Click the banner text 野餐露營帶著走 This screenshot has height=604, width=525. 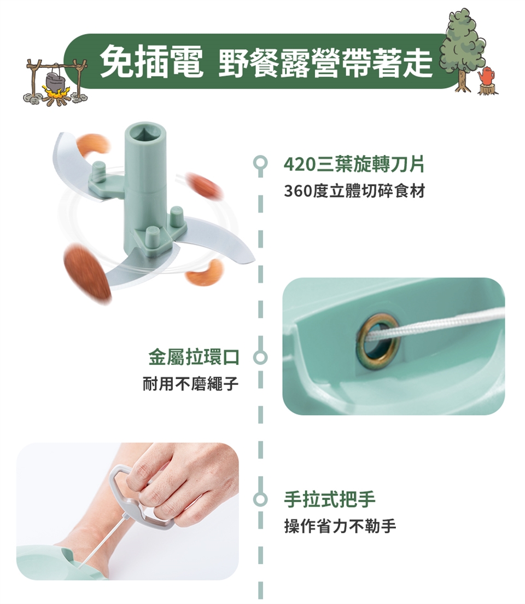[x=325, y=62]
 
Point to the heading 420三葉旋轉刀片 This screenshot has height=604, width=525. [x=354, y=164]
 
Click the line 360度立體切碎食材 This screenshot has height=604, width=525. [x=354, y=191]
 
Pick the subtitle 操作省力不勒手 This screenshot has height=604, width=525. [x=340, y=526]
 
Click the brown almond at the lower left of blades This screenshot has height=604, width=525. [x=86, y=272]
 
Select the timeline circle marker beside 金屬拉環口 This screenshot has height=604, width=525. [x=260, y=358]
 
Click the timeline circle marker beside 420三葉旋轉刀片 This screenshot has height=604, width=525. [x=260, y=162]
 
